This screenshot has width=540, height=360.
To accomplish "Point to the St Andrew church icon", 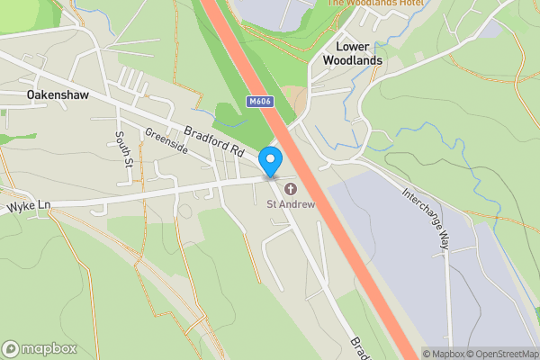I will (x=291, y=189).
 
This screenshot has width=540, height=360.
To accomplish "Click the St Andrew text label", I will (x=291, y=204).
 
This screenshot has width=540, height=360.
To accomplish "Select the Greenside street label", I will (x=166, y=141).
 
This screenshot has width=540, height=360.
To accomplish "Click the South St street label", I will (x=123, y=149).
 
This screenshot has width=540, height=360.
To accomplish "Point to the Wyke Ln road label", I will (x=29, y=206).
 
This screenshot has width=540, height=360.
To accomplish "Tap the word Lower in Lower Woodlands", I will (x=354, y=45).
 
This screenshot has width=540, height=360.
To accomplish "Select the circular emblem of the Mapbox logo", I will (x=11, y=349).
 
